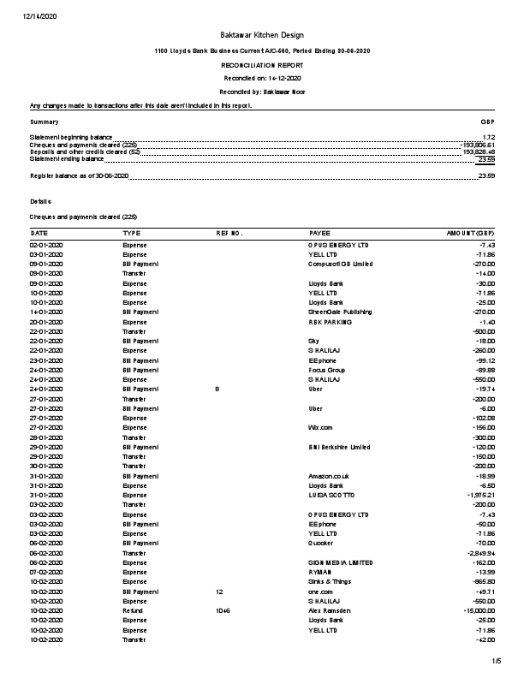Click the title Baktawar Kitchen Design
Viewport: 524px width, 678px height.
(261, 34)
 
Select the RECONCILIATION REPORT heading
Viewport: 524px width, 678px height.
(261, 65)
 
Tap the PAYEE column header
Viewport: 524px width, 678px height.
(319, 233)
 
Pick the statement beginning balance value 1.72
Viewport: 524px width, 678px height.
(489, 137)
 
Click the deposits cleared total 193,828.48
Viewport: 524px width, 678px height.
(479, 152)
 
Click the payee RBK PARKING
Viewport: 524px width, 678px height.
(330, 322)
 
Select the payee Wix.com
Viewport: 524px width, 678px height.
(320, 425)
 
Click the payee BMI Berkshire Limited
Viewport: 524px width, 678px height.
(341, 446)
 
